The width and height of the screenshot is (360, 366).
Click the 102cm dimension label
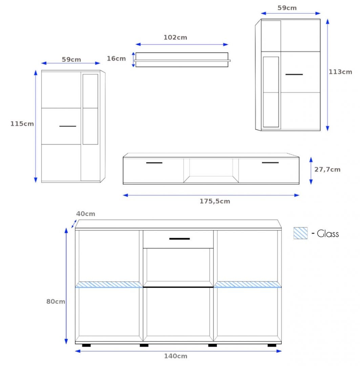[175, 37]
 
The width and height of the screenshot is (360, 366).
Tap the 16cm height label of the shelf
[116, 59]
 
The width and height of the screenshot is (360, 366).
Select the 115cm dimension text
[22, 124]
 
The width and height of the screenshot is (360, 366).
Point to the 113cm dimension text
[340, 72]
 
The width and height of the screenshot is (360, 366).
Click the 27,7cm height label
[327, 169]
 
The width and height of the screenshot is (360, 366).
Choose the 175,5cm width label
[215, 201]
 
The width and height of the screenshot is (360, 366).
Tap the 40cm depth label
[86, 214]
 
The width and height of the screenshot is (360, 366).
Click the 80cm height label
[56, 302]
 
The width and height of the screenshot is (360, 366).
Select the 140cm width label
[176, 356]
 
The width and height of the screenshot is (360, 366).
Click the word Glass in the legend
[328, 233]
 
